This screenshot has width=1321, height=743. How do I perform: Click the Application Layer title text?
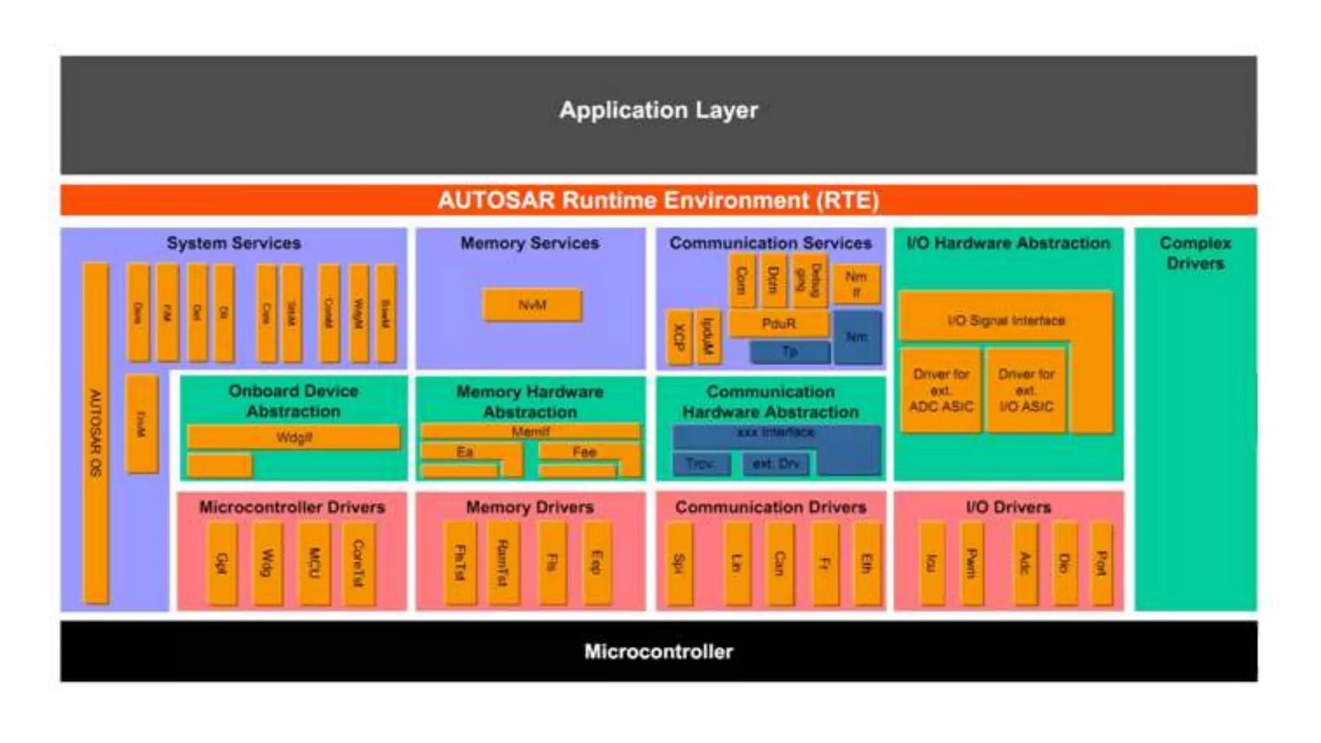pos(659,110)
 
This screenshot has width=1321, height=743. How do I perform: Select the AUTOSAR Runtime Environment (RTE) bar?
pos(659,200)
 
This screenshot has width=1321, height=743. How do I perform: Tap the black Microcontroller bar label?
pos(659,651)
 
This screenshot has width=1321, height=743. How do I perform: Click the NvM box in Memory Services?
pos(532,305)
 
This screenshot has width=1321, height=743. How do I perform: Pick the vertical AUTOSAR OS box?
pos(95,432)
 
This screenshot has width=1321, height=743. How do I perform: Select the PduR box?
pos(779,323)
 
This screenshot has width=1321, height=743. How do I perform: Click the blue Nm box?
pos(857,337)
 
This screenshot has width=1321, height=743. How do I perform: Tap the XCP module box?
pos(679,337)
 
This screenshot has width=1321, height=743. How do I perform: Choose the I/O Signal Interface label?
pos(1006,321)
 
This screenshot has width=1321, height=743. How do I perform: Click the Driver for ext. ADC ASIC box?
pos(941,390)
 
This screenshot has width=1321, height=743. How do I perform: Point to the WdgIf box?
pos(293,437)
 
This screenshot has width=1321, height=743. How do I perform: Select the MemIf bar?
pos(530,431)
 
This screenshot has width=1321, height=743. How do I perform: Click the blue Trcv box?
pos(700,463)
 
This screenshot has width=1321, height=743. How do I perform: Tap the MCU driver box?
pos(314,563)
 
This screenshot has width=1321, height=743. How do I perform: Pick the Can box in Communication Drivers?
pos(779,563)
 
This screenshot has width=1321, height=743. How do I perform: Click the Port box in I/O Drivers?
pos(1101,563)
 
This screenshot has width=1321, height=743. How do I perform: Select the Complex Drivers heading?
pos(1195,253)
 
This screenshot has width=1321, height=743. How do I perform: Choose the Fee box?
pos(584,451)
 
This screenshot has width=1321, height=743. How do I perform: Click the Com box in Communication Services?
pos(741,281)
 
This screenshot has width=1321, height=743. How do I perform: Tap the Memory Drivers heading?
pos(530,507)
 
